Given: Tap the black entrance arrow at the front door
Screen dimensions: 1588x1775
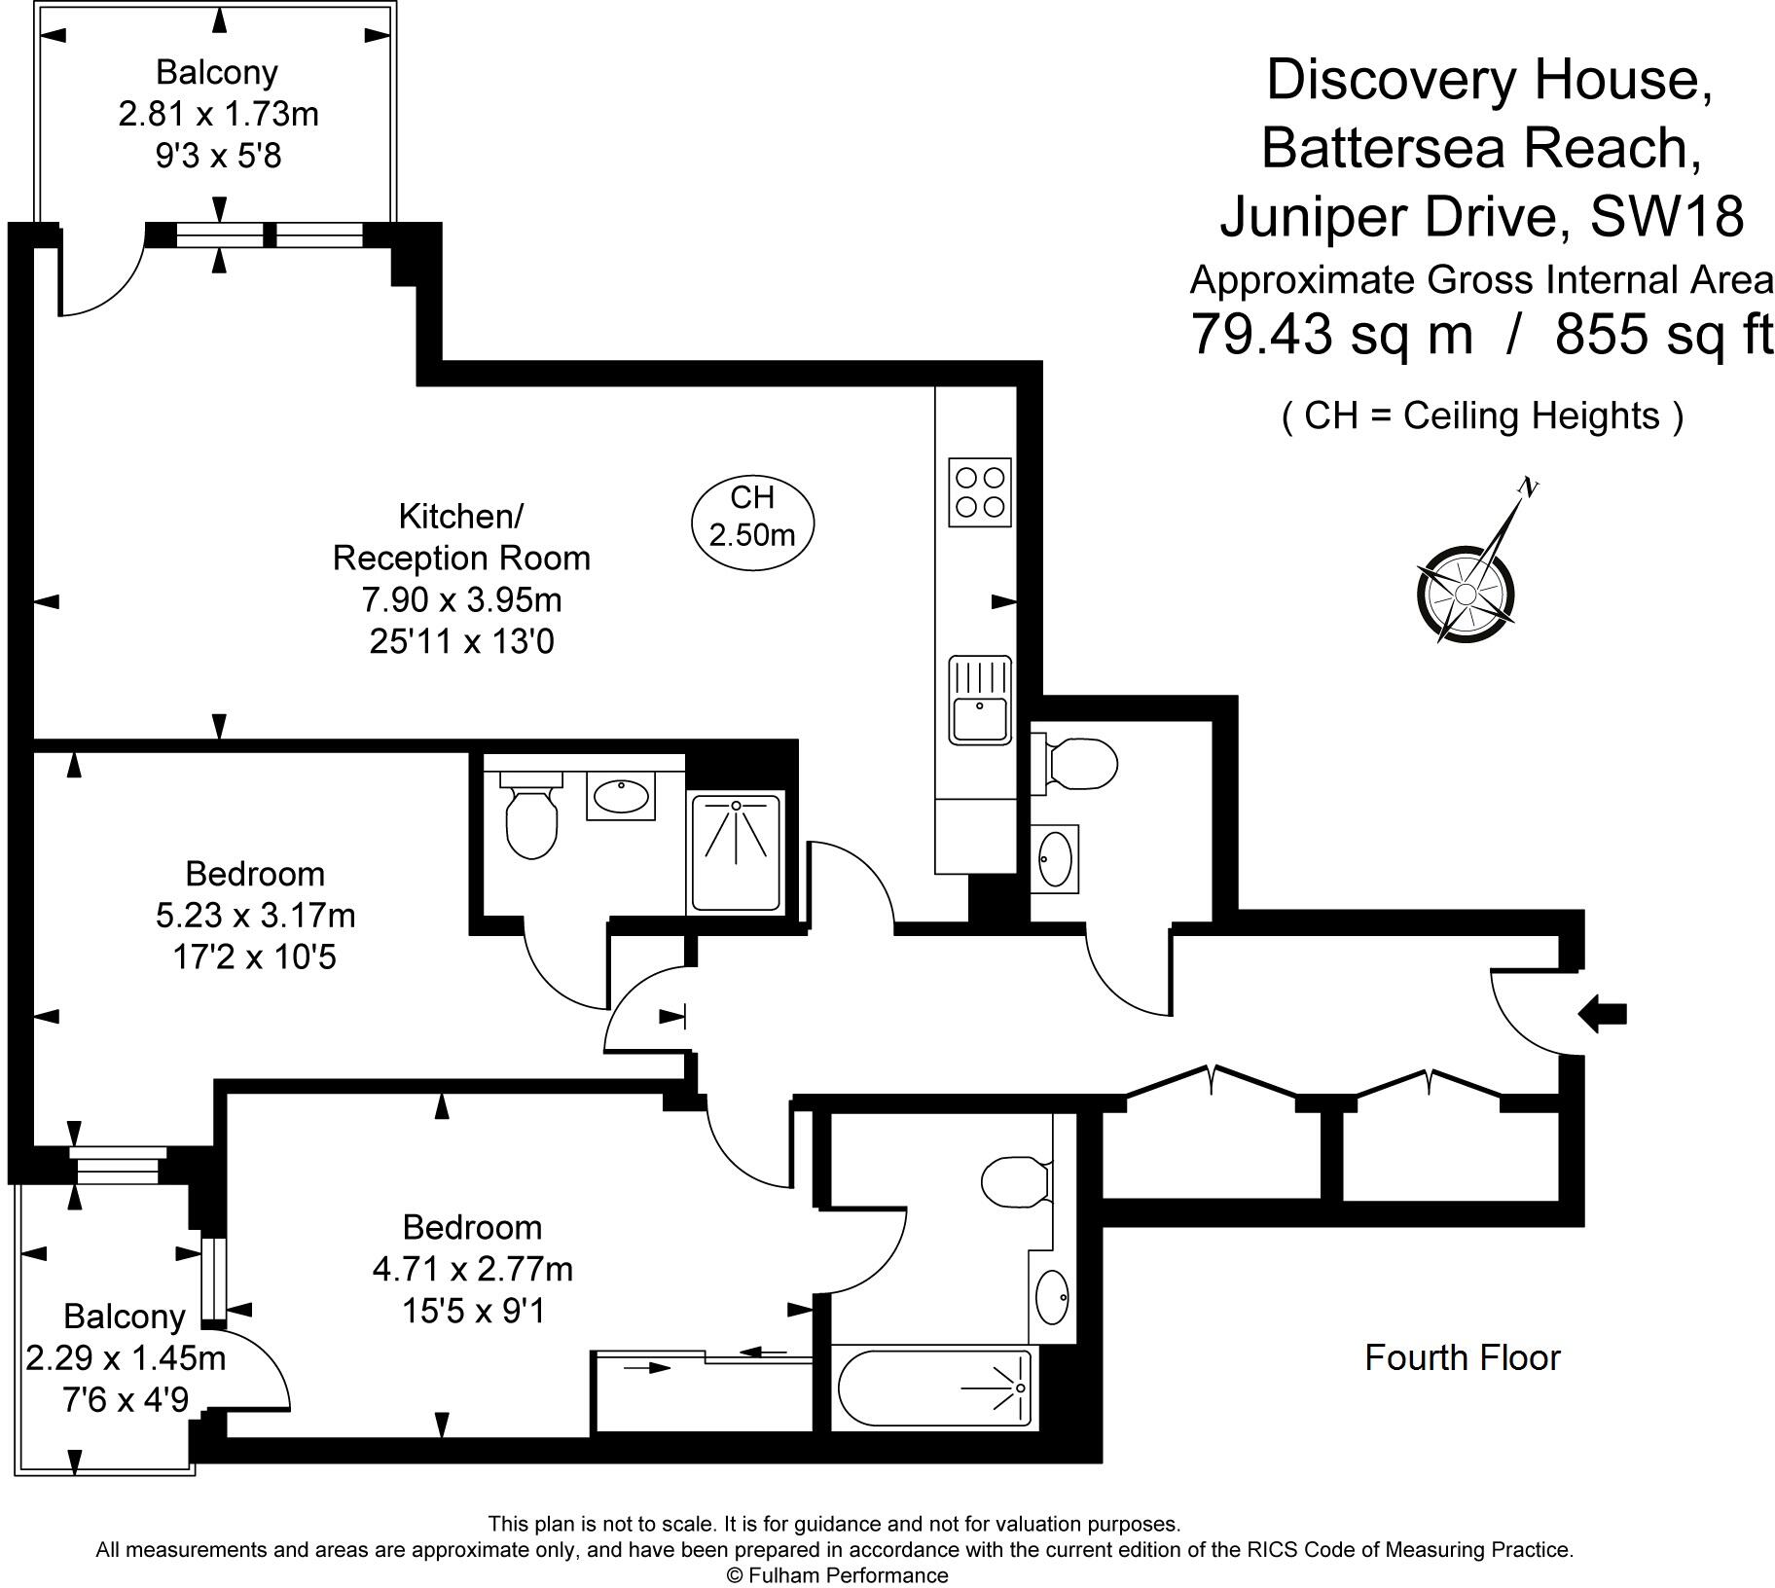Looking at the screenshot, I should click(1601, 1014).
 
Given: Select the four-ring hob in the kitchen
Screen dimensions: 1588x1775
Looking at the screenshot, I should click(979, 492).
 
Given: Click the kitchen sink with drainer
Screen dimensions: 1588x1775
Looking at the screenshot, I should click(980, 700).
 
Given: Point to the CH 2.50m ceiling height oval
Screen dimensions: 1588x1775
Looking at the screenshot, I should click(752, 517).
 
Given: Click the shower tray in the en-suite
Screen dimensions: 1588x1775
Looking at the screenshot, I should click(735, 853).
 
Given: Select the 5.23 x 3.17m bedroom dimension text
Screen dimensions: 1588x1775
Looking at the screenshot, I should click(255, 916).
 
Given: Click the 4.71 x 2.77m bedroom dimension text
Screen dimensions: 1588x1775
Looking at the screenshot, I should click(472, 1269).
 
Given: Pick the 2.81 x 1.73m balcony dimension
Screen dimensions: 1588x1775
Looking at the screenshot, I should click(218, 114).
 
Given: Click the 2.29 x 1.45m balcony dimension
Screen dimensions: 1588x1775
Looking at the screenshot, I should click(125, 1357).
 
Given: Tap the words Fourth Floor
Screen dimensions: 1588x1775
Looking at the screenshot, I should click(1462, 1357).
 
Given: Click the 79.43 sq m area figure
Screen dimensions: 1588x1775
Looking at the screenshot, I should click(1331, 335).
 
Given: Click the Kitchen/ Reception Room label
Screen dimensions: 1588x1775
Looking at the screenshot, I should click(461, 537).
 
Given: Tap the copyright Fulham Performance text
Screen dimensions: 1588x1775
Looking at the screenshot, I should click(837, 1574).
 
